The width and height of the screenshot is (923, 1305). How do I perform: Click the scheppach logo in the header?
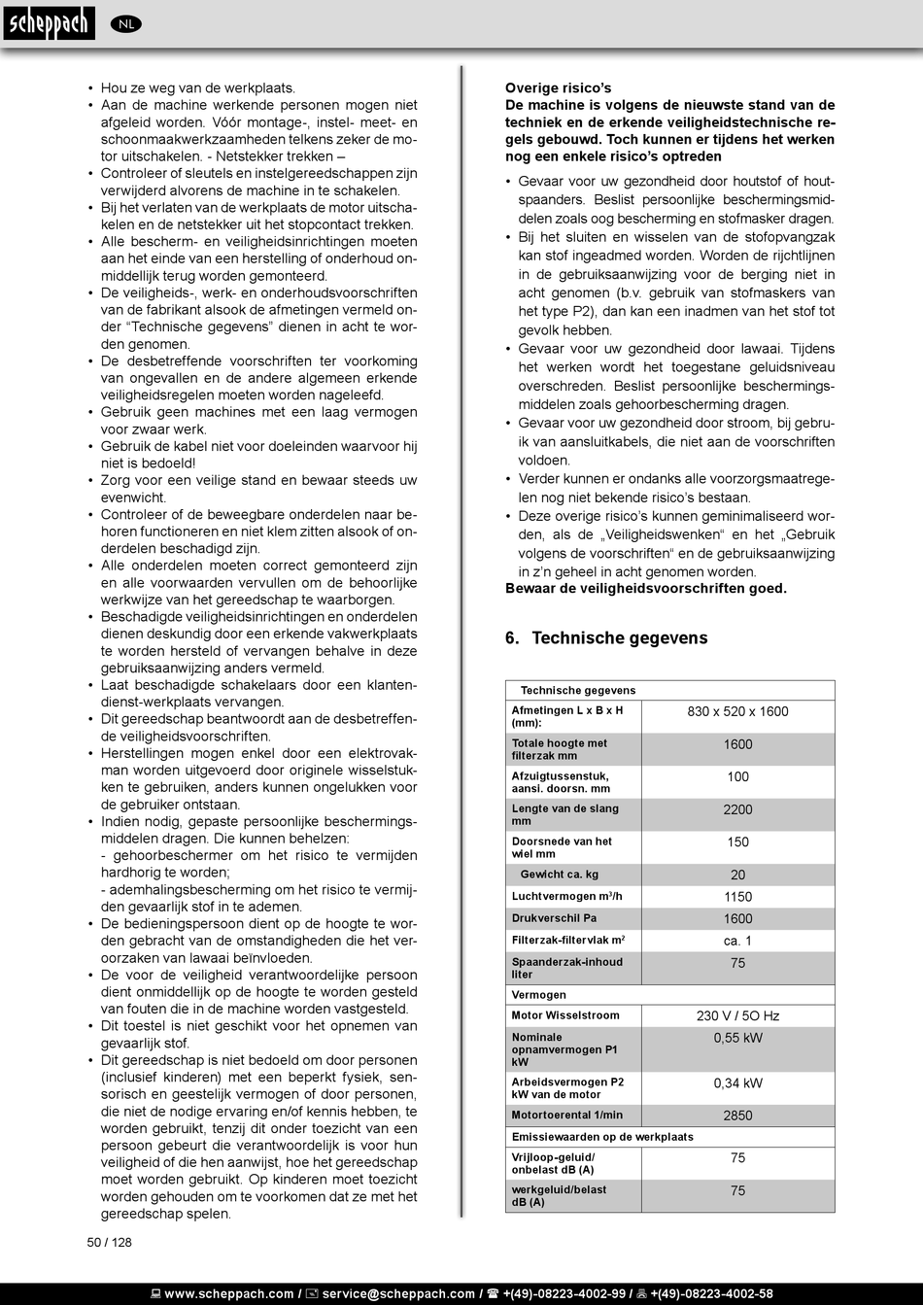pos(48,23)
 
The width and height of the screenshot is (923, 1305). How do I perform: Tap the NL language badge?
pos(126,24)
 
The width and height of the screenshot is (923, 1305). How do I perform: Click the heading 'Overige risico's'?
pos(558,88)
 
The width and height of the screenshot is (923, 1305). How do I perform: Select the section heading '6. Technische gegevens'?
pos(606,638)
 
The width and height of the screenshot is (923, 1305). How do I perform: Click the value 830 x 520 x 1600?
pos(737,711)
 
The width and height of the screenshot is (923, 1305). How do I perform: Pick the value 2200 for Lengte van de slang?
pos(737,809)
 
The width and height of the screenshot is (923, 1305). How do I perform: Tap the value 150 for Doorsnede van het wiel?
pos(737,842)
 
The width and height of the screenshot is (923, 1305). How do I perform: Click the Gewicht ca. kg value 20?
pos(737,875)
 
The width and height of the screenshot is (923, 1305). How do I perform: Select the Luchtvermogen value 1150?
pos(737,897)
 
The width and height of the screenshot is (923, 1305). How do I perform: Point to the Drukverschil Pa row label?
pos(554,918)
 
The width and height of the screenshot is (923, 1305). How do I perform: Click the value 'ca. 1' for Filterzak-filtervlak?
pos(737,941)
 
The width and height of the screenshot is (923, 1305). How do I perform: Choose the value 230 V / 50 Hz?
pos(737,1015)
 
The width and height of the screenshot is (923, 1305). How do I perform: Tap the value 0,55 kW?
pos(737,1038)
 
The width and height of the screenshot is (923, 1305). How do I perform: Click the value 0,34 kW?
pos(737,1082)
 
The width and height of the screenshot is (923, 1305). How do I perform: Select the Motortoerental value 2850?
pos(737,1116)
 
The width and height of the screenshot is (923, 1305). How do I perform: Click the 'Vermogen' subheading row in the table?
pos(539,995)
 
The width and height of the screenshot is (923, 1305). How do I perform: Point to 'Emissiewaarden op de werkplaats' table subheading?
pos(602,1137)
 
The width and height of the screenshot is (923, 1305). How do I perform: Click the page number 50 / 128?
pos(109,1242)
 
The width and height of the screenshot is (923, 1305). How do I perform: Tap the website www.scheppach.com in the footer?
pos(229,1293)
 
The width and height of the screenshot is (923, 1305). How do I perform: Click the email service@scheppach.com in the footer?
pos(398,1293)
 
